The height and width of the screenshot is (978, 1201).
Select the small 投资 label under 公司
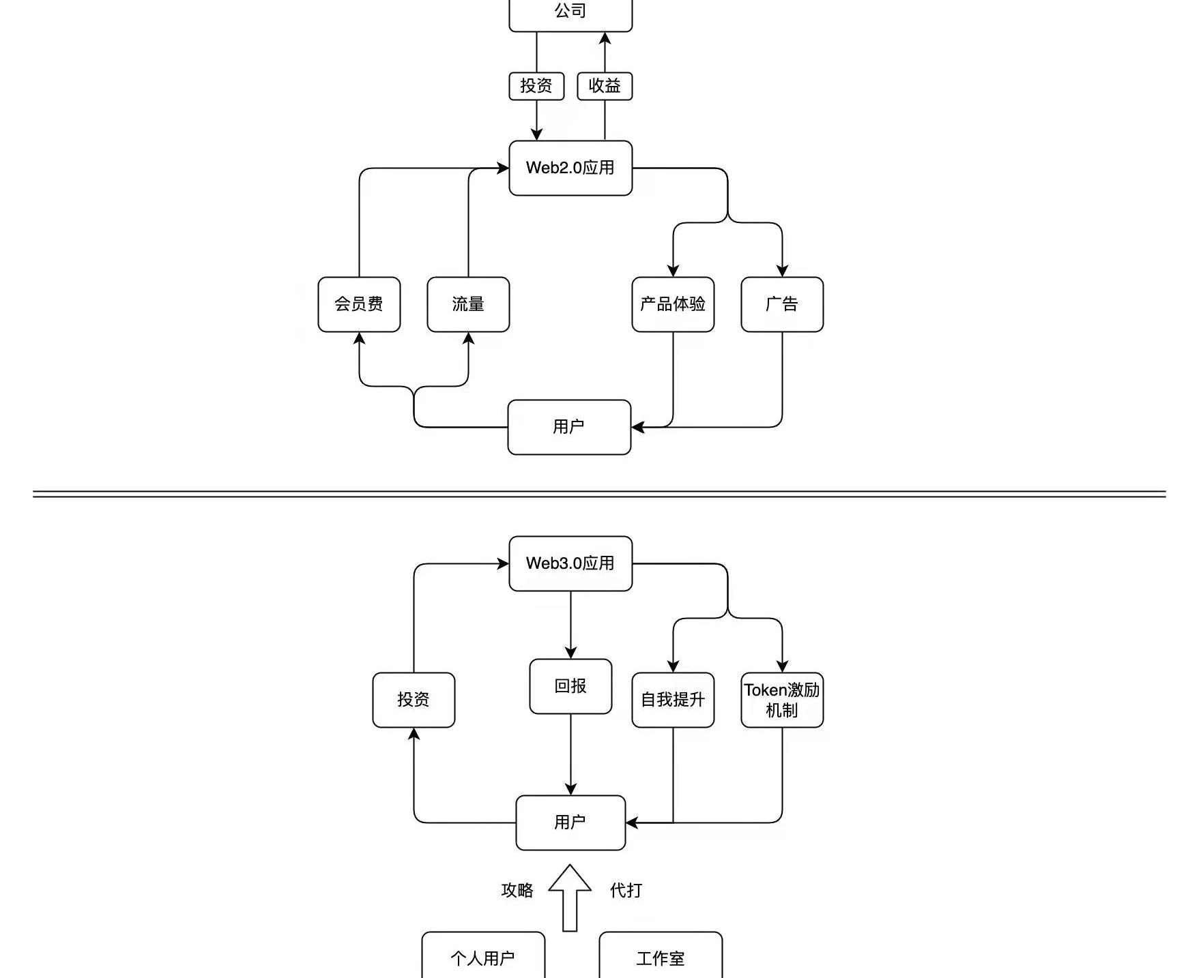click(536, 86)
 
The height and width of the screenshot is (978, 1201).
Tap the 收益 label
click(605, 86)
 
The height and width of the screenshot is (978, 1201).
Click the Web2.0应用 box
click(570, 168)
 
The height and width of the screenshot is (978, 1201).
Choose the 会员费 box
click(359, 304)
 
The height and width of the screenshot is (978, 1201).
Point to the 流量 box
click(468, 304)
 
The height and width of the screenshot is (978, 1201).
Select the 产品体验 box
click(673, 304)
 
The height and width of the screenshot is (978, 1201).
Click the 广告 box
click(782, 304)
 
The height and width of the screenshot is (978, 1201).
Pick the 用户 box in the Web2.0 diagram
click(569, 427)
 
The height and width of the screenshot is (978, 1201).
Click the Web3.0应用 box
click(570, 563)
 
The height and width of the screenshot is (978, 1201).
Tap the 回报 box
click(570, 686)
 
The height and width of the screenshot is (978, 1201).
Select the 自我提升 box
click(673, 700)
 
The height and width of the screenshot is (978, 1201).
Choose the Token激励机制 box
click(782, 700)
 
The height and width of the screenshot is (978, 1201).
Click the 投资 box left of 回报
click(414, 700)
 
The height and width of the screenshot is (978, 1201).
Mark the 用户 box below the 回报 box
click(570, 823)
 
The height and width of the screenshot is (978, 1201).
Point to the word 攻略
click(517, 890)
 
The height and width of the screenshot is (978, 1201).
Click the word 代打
click(626, 890)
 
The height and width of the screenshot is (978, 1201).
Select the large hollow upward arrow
click(570, 898)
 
